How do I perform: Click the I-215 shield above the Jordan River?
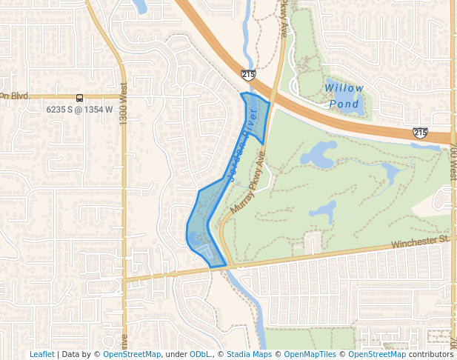(x=248, y=75)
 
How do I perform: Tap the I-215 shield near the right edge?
(x=420, y=133)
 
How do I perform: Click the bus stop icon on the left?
(x=79, y=98)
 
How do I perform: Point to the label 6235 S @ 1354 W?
(x=79, y=110)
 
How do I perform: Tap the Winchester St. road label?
(x=420, y=241)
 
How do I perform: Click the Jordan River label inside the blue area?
(x=245, y=141)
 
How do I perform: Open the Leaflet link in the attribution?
(x=41, y=354)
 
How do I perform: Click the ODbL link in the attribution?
(x=199, y=354)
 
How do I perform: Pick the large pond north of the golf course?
(x=318, y=154)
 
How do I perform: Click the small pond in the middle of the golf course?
(x=324, y=211)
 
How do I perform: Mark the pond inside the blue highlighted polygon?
(x=196, y=239)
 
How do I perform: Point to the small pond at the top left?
(x=139, y=7)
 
